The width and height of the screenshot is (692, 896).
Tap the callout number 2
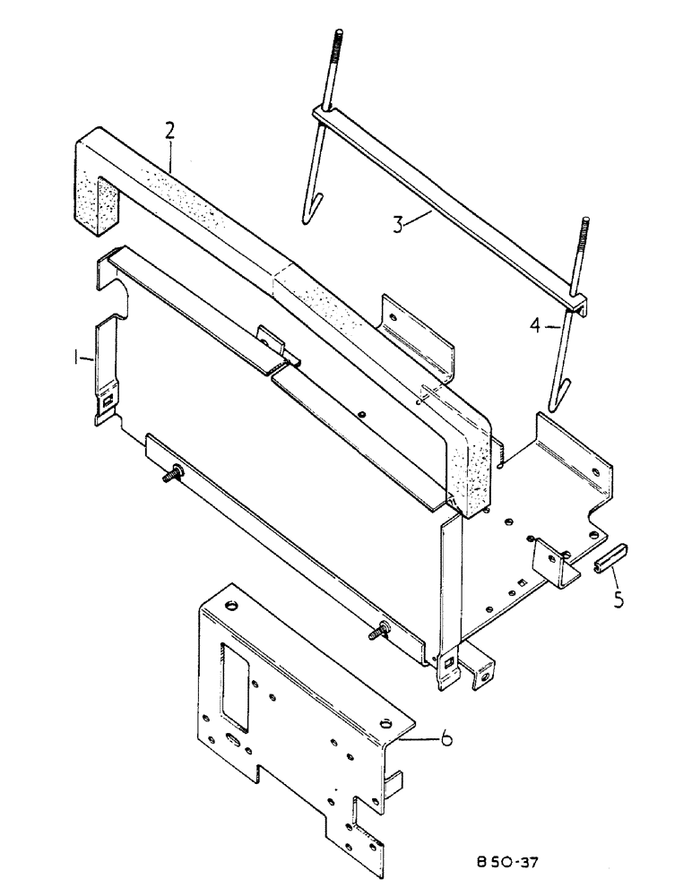click(x=169, y=131)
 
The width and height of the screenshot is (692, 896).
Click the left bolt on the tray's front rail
click(x=173, y=476)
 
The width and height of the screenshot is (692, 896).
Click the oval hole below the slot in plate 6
click(x=236, y=741)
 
